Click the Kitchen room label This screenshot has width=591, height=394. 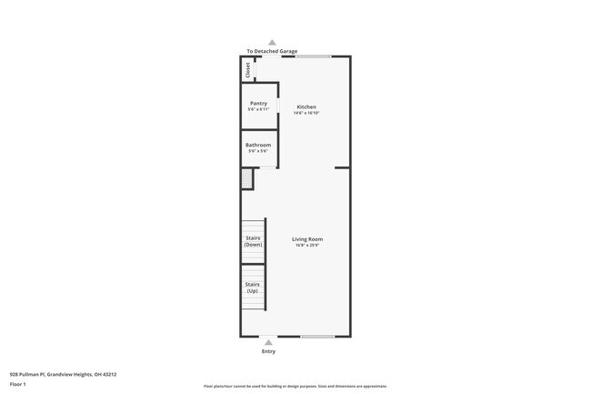[306, 106]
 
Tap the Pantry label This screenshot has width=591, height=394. [258, 103]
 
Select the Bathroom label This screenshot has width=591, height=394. [258, 145]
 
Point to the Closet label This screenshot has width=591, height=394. [247, 70]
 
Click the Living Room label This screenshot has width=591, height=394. [307, 239]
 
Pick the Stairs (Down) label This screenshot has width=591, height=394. [253, 241]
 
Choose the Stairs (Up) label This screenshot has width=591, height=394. [253, 287]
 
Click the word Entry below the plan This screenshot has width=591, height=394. [268, 351]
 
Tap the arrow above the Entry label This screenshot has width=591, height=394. [268, 342]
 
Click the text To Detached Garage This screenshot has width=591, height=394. [272, 51]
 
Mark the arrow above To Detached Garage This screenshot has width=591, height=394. [272, 42]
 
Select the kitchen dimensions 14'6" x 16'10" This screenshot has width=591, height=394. [306, 113]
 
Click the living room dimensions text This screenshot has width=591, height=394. [307, 246]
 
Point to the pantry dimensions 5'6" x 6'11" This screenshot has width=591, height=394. [258, 110]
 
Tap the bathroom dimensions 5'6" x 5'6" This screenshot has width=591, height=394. [258, 151]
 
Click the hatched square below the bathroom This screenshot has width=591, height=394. [246, 179]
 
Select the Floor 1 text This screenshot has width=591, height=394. [18, 384]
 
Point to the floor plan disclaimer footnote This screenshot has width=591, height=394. [295, 386]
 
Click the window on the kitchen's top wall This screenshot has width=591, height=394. [312, 56]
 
